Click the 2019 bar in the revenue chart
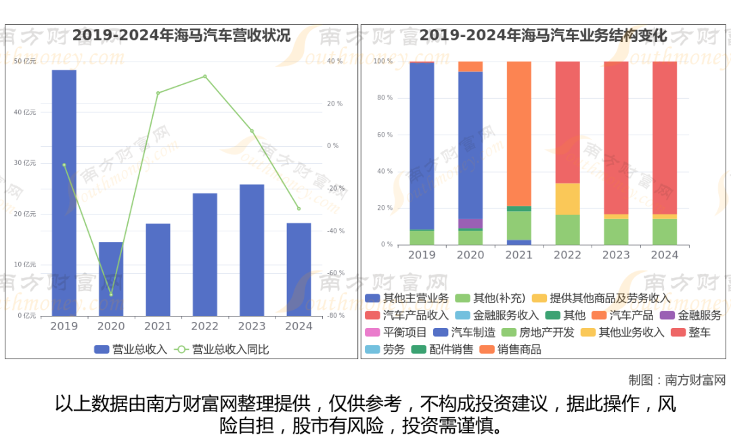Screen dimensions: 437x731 (x=64, y=193)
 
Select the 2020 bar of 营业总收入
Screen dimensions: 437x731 (x=111, y=279)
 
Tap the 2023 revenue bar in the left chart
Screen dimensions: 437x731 (x=252, y=250)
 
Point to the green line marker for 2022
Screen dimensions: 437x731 (x=205, y=76)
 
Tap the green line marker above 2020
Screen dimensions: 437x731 (x=111, y=294)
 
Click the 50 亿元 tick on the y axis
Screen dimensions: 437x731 (x=25, y=62)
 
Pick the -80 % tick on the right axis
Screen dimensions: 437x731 (x=335, y=316)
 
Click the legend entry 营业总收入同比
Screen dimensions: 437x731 (x=223, y=349)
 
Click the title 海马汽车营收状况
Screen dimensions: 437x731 (x=181, y=35)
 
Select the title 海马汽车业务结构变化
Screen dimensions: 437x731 (x=543, y=35)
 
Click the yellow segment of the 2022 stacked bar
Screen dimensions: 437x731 (x=568, y=199)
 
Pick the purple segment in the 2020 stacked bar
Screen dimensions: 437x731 (x=470, y=223)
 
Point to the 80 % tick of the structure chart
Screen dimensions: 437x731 (x=384, y=98)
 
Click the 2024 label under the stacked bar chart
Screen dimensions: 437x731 (x=665, y=255)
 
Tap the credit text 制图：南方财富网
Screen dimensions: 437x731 (x=676, y=379)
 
